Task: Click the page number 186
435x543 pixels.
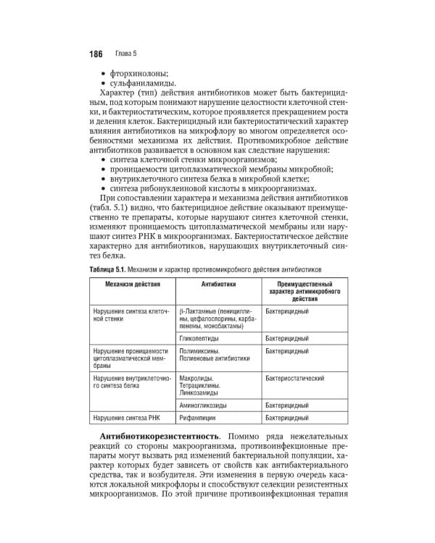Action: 96,54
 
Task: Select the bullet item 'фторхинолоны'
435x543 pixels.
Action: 139,73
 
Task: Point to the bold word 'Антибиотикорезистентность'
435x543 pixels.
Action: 154,439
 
